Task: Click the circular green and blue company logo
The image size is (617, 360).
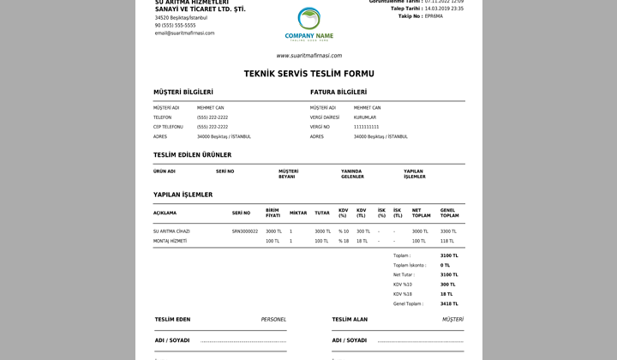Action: [x=308, y=18]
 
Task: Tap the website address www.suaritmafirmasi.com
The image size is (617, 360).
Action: [x=308, y=56]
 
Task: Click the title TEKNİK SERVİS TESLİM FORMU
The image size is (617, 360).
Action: [x=308, y=74]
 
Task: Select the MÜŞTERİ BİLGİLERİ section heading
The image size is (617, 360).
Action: [x=183, y=92]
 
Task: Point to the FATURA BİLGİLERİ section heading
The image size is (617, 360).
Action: [x=338, y=92]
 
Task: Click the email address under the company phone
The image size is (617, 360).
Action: [x=184, y=33]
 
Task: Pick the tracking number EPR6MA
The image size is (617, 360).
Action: [x=434, y=16]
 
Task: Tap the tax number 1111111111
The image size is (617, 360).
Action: [x=366, y=127]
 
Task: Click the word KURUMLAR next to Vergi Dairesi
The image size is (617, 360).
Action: [x=365, y=117]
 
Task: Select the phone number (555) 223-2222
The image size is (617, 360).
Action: [x=213, y=127]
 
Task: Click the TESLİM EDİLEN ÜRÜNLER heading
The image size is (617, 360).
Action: [x=192, y=155]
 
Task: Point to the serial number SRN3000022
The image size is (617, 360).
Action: [x=245, y=231]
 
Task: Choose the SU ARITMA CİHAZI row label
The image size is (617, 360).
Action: [x=171, y=231]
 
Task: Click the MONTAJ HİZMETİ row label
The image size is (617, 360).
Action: [x=170, y=241]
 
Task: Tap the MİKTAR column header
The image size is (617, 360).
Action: [x=298, y=213]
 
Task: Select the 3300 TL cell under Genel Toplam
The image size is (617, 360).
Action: [x=448, y=231]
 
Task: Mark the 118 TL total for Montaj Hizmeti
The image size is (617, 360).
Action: [x=447, y=241]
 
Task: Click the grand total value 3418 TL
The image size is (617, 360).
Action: [x=449, y=303]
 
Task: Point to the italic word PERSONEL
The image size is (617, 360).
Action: [x=273, y=320]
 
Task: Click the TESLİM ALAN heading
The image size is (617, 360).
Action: [x=350, y=320]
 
